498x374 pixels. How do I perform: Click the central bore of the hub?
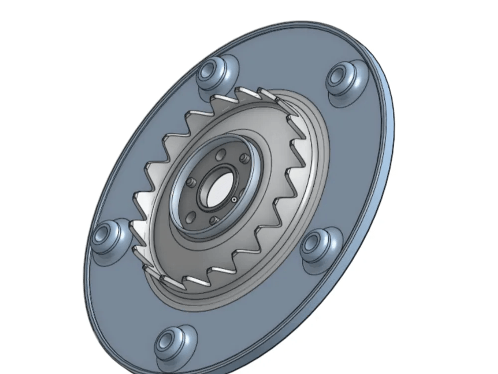point(216,190)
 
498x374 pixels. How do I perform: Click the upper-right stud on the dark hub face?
point(244,158)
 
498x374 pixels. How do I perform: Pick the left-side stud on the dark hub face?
point(190,183)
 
